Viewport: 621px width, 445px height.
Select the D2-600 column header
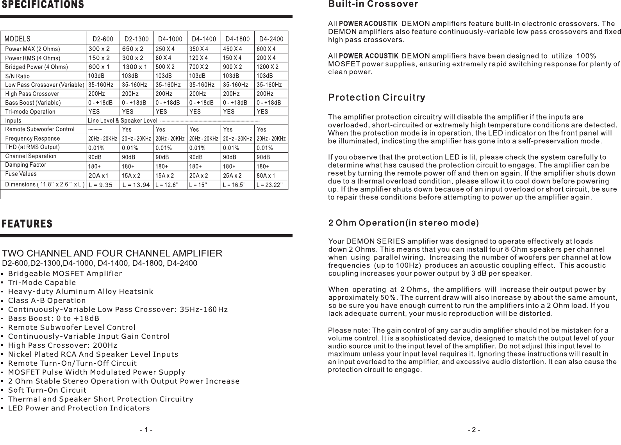[103, 39]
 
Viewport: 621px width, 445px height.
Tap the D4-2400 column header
[271, 39]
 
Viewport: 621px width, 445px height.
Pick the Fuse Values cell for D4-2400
[266, 176]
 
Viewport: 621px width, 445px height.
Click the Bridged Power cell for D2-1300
[134, 67]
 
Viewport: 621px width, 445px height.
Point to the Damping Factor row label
[25, 165]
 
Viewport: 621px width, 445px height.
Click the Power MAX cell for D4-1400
[199, 49]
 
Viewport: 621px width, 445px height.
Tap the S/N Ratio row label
[17, 76]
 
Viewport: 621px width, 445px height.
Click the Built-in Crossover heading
[373, 4]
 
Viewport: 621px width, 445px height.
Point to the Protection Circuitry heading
[377, 97]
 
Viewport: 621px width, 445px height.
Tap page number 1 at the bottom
[146, 430]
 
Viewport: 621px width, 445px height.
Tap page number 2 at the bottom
[474, 430]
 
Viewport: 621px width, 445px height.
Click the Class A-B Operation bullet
[47, 301]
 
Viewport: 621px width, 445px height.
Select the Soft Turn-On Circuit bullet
[47, 390]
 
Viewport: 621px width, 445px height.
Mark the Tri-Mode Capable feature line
[42, 283]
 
